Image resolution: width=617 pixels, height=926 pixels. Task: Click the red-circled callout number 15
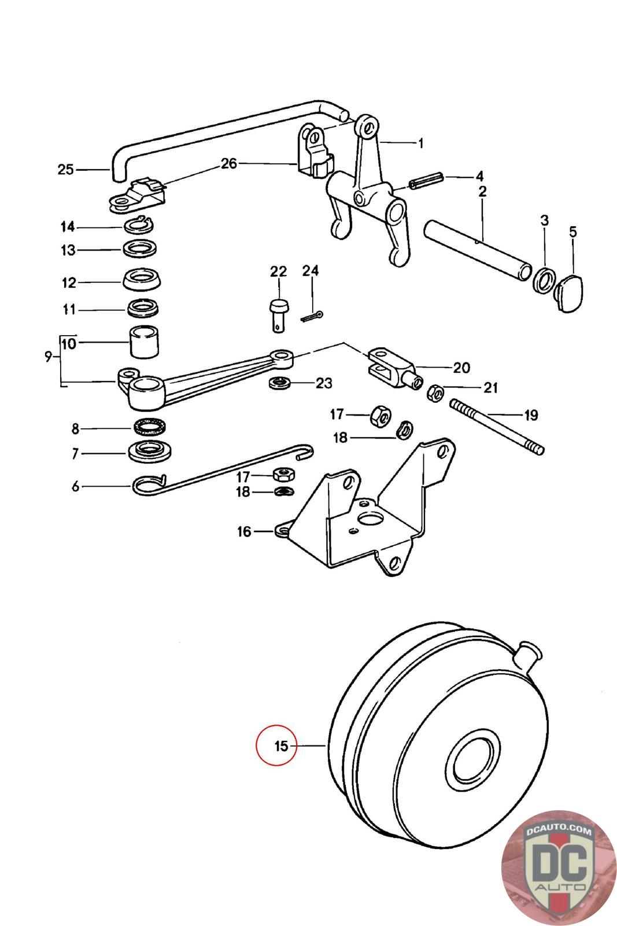pos(281,746)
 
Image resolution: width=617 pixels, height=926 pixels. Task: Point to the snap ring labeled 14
pos(139,226)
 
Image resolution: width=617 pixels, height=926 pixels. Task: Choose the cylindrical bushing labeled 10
pos(145,343)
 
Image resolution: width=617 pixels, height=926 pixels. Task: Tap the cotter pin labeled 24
pos(312,318)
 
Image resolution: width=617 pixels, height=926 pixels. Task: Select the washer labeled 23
pos(280,383)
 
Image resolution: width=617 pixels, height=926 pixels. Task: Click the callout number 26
pos(229,164)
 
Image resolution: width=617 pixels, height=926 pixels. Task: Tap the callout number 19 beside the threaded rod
pos(531,415)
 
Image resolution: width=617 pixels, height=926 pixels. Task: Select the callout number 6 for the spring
pos(75,486)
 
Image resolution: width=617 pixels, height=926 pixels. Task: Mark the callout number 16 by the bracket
pos(244,532)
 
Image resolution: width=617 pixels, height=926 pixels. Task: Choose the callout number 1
pos(420,144)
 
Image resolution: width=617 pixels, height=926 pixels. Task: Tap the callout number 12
pos(69,283)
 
